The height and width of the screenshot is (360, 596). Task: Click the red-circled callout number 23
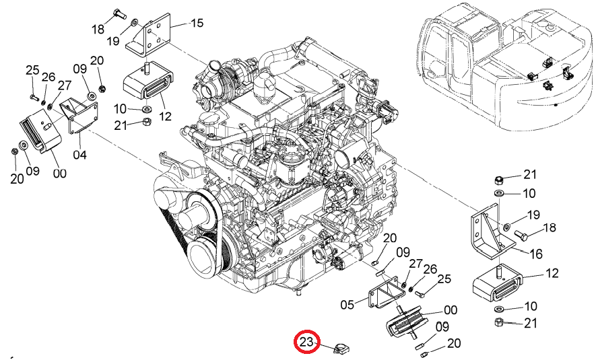pyautogui.click(x=307, y=342)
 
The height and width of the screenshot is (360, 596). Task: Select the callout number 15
pyautogui.click(x=197, y=23)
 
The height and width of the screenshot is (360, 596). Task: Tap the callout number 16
pyautogui.click(x=536, y=254)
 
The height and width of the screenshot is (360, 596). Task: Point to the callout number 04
pyautogui.click(x=80, y=155)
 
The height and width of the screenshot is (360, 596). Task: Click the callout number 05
pyautogui.click(x=347, y=305)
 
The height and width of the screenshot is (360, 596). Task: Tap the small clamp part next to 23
pyautogui.click(x=341, y=347)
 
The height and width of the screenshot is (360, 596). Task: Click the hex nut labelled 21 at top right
pyautogui.click(x=500, y=180)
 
